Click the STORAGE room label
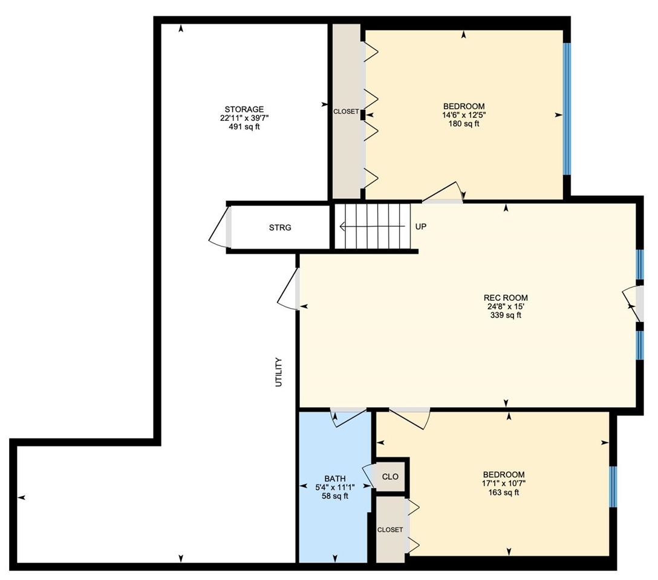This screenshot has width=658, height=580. point(242,109)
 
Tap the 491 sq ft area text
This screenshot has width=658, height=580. point(242,127)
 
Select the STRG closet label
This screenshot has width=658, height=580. point(280,228)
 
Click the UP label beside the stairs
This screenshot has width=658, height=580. point(421,227)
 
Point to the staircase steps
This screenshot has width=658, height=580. point(373,227)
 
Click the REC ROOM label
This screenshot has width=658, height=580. point(506,297)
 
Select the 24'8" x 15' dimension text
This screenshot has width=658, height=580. point(506,306)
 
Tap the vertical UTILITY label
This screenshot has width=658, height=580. point(279,372)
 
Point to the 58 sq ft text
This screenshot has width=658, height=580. point(334,497)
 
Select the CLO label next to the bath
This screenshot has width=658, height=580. point(391,477)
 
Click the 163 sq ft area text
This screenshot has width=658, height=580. point(503,492)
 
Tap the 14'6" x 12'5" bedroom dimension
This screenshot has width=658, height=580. point(464,115)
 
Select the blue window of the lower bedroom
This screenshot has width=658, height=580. point(613,486)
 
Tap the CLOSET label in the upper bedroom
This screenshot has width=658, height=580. point(346,112)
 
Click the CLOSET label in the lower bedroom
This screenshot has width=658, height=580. point(390,530)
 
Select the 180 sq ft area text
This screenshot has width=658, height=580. point(464,124)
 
